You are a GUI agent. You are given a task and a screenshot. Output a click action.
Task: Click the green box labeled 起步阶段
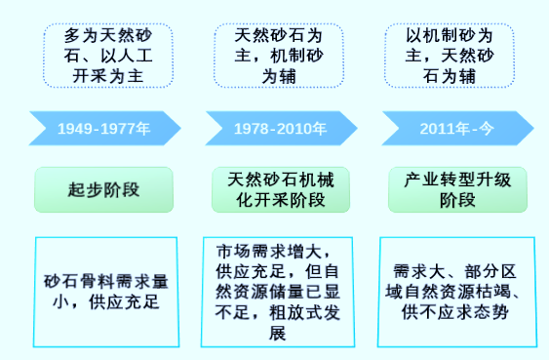(103, 189)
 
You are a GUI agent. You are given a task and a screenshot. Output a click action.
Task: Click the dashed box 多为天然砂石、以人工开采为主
(103, 52)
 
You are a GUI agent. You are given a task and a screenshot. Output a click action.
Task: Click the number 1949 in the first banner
(75, 129)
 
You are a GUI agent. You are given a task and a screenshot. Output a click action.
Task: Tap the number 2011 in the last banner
(437, 129)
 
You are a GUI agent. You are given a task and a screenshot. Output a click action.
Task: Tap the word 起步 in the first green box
(87, 189)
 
